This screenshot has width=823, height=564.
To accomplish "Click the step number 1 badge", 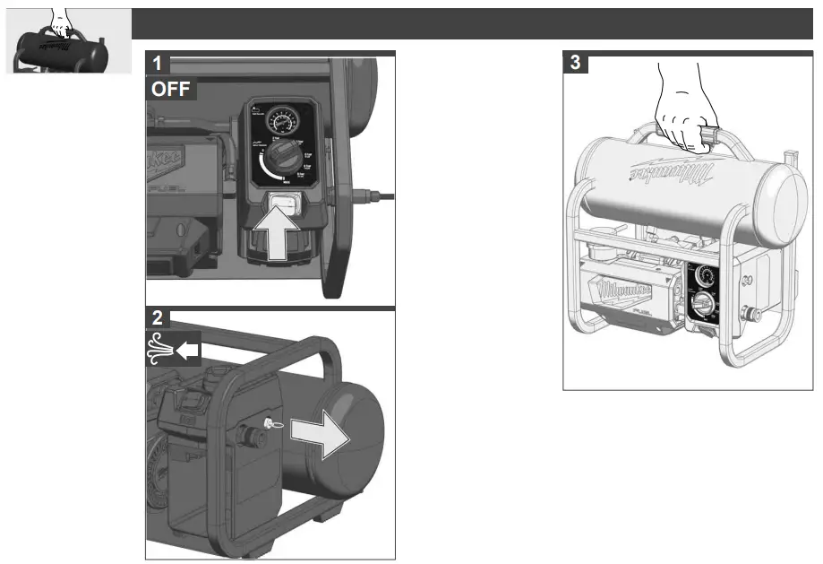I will pyautogui.click(x=158, y=64).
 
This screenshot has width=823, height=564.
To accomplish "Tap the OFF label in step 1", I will pyautogui.click(x=170, y=90).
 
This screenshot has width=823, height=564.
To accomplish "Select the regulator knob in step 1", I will pyautogui.click(x=286, y=158).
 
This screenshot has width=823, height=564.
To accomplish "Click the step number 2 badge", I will pyautogui.click(x=158, y=318).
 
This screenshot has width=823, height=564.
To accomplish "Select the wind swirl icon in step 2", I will pyautogui.click(x=159, y=351).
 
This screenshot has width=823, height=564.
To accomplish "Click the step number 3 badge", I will pyautogui.click(x=575, y=64).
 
